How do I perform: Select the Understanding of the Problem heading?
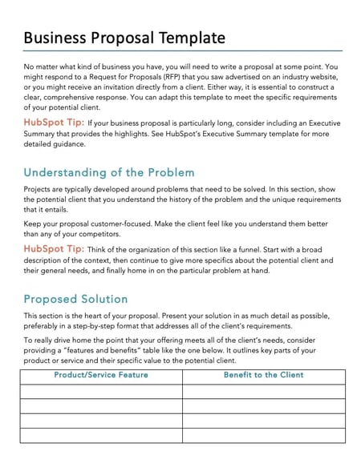point(109,172)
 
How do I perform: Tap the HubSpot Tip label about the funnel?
point(54,249)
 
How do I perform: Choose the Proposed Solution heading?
point(76,299)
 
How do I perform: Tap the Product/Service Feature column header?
point(101,375)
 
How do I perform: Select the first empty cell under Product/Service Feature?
point(101,391)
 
